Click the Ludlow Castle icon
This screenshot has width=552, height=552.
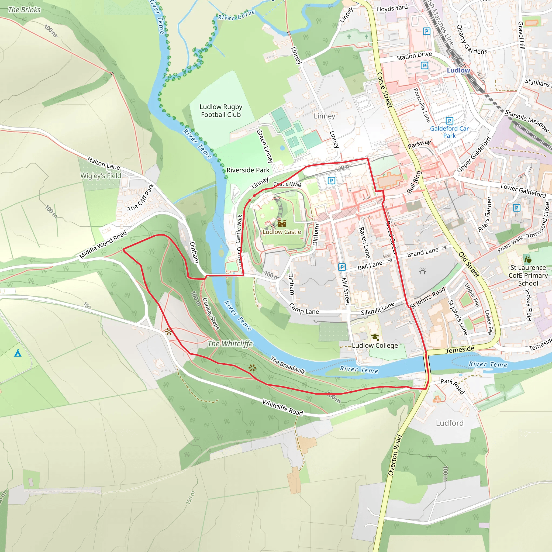pyautogui.click(x=282, y=223)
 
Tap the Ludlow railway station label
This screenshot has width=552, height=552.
pyautogui.click(x=458, y=70)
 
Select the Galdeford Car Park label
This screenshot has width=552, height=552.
pyautogui.click(x=449, y=132)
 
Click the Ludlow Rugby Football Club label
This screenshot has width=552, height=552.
pyautogui.click(x=221, y=111)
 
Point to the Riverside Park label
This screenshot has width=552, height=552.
pyautogui.click(x=248, y=170)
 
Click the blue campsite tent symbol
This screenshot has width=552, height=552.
pyautogui.click(x=18, y=353)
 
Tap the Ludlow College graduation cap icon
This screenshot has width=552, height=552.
pyautogui.click(x=375, y=337)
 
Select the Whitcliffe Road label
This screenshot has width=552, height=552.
pyautogui.click(x=282, y=408)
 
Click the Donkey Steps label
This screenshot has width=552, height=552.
pyautogui.click(x=211, y=314)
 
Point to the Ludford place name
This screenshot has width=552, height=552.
pyautogui.click(x=449, y=423)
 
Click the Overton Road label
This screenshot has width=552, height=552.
pyautogui.click(x=395, y=455)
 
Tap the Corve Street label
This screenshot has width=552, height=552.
pyautogui.click(x=385, y=90)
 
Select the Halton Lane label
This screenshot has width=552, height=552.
pyautogui.click(x=103, y=163)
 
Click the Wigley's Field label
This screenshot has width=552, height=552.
pyautogui.click(x=101, y=176)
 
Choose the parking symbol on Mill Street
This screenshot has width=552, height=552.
pyautogui.click(x=342, y=267)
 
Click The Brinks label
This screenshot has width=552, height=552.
pyautogui.click(x=24, y=10)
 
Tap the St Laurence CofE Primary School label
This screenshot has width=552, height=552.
pyautogui.click(x=528, y=275)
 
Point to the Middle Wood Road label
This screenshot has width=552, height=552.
pyautogui.click(x=103, y=244)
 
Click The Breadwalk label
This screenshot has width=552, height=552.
pyautogui.click(x=288, y=365)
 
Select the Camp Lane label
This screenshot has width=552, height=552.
pyautogui.click(x=304, y=309)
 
